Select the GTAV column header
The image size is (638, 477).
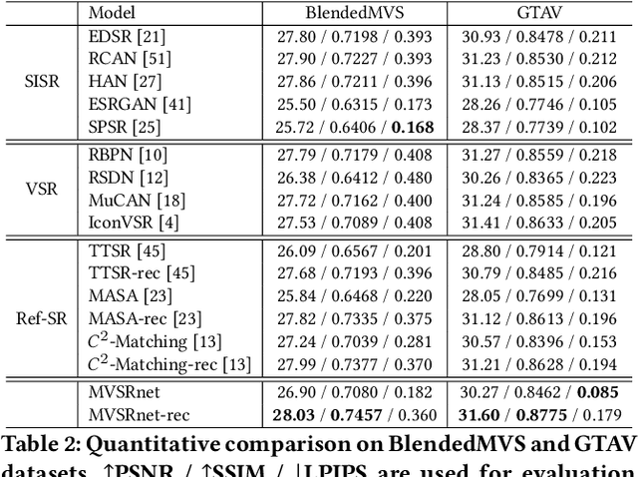pyautogui.click(x=539, y=13)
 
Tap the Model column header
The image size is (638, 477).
pyautogui.click(x=113, y=13)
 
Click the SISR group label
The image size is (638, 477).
pyautogui.click(x=41, y=81)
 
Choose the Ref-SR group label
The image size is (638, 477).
pyautogui.click(x=41, y=318)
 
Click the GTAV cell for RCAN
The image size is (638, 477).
pyautogui.click(x=539, y=59)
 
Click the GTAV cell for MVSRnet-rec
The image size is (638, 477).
pyautogui.click(x=539, y=414)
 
